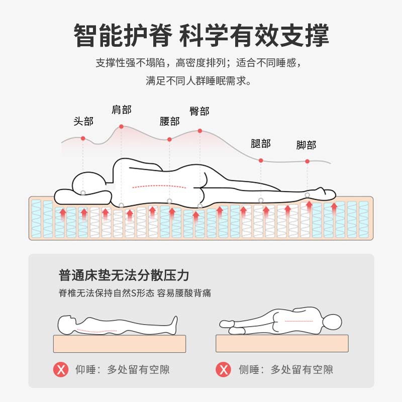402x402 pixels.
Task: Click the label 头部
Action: [83, 121]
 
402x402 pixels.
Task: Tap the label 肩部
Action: [121, 110]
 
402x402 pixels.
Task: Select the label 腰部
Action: [169, 121]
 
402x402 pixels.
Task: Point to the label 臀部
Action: [199, 111]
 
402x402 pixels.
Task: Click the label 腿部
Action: [260, 144]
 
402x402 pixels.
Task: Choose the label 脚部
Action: [306, 145]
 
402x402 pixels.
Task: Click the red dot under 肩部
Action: [121, 127]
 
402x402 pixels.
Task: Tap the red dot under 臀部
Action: [199, 131]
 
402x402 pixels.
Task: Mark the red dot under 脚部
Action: [307, 161]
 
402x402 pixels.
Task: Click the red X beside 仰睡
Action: [61, 370]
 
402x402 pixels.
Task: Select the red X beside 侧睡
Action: [224, 370]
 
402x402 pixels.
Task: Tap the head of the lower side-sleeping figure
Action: [332, 321]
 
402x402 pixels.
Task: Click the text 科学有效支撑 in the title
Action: [254, 36]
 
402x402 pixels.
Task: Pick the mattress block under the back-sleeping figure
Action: [120, 344]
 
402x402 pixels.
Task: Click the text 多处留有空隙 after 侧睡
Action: [301, 370]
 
